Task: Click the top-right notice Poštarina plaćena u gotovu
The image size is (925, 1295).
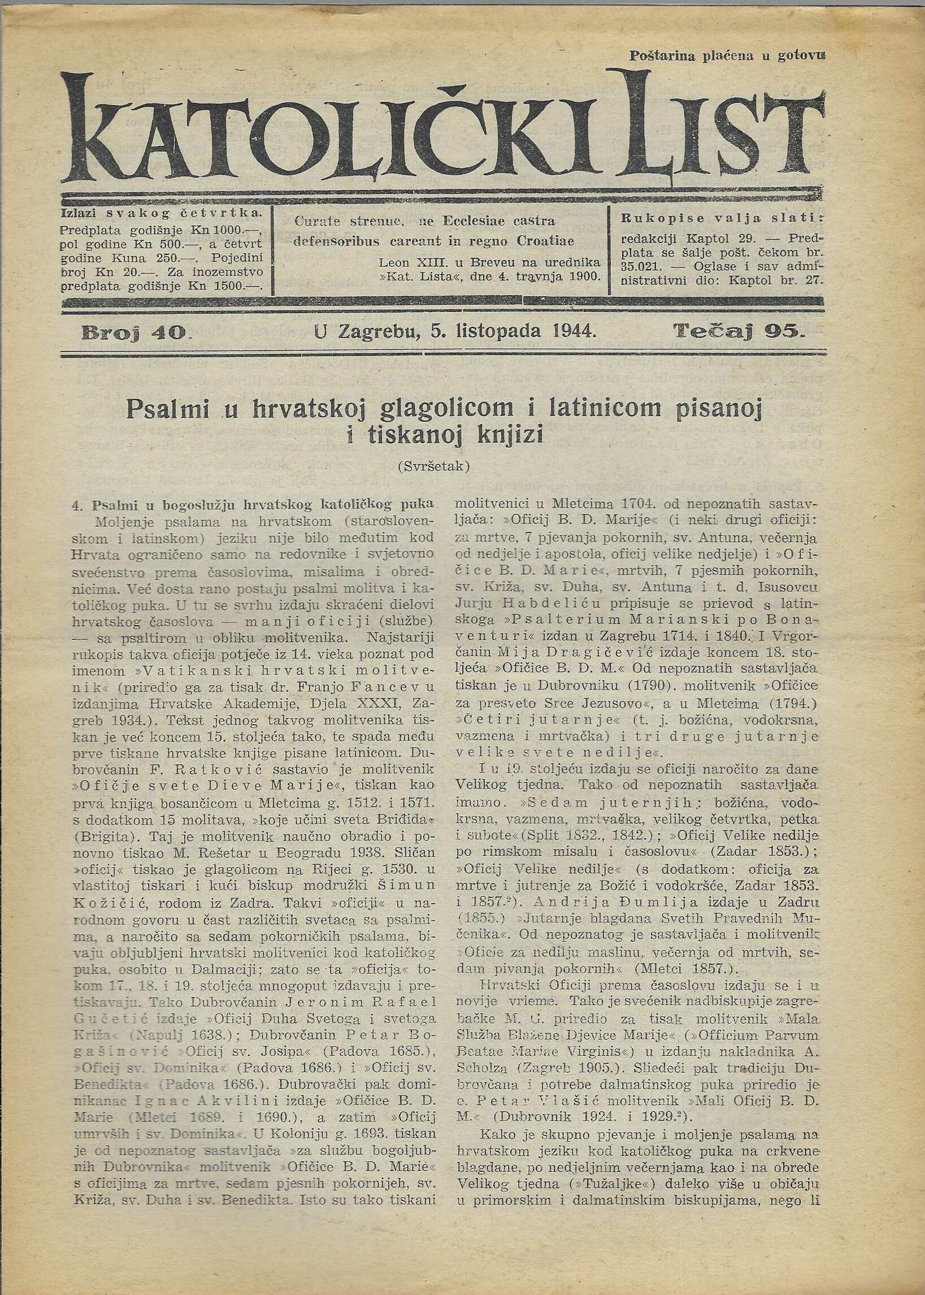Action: pos(727,56)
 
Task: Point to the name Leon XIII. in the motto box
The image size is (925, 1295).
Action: pos(403,263)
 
